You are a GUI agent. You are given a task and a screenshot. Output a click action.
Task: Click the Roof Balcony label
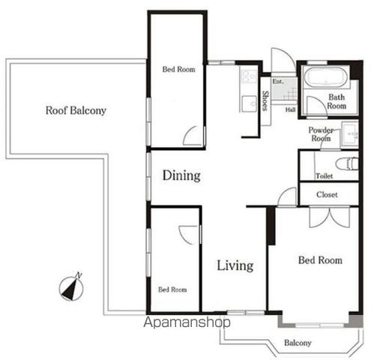tap(76, 110)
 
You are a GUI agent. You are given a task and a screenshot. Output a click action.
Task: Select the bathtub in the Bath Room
tap(325, 77)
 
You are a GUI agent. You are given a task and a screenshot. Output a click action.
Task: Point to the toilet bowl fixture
tap(347, 164)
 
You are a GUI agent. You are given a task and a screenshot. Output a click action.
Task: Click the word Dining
tap(181, 175)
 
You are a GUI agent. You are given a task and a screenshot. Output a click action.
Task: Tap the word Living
tap(235, 265)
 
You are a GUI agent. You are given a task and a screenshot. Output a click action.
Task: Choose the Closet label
tap(327, 194)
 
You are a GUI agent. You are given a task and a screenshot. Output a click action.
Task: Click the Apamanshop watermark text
tap(187, 322)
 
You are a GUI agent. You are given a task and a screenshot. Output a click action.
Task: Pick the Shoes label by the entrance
tap(265, 100)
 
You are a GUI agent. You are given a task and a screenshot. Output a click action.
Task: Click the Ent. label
tap(278, 82)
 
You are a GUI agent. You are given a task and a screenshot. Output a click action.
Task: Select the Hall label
tap(291, 109)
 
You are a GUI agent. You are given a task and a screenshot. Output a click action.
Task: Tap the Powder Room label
tap(321, 134)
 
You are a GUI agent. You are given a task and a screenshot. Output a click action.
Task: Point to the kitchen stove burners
tap(248, 76)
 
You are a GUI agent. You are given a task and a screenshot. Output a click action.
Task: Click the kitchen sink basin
tap(250, 103)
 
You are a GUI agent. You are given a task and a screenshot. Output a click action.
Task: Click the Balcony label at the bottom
tap(298, 343)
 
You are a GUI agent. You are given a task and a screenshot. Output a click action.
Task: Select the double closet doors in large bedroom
tap(330, 217)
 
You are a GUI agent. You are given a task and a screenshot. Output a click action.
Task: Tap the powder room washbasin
tap(350, 134)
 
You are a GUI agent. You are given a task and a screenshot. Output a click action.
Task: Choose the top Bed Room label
tap(179, 69)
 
